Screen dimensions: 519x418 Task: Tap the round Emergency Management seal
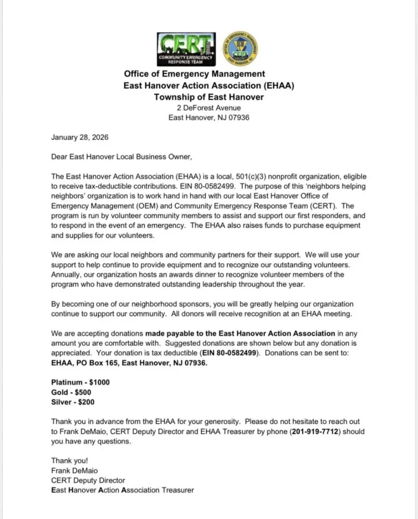[241, 48]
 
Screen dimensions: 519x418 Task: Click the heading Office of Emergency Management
[194, 74]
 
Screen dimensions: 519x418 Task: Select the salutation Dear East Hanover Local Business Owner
[121, 157]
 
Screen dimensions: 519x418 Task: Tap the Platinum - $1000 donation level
[81, 382]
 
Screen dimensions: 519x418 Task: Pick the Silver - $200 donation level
[73, 402]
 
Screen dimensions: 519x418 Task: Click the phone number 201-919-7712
[317, 431]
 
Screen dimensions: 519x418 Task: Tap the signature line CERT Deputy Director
[88, 480]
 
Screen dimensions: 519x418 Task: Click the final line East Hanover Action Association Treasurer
[122, 490]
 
